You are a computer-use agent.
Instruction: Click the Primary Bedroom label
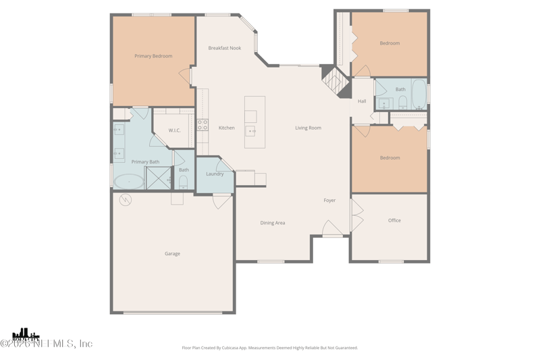153,56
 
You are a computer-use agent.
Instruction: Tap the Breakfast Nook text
224,48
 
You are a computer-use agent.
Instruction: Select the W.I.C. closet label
174,130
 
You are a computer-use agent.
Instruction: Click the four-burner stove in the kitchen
202,125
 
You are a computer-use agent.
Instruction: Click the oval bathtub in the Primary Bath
128,181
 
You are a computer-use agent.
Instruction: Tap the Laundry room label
215,174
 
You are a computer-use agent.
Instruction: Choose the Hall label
362,101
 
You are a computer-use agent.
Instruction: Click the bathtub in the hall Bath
419,93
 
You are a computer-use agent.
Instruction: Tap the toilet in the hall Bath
403,102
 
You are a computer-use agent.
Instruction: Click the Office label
394,220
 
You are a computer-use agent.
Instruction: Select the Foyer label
329,201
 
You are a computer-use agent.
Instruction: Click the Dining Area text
273,223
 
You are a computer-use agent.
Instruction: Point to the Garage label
172,254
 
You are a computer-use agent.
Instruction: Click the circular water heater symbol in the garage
126,200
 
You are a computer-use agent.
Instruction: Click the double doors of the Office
356,215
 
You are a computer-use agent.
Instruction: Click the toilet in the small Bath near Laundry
184,182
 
